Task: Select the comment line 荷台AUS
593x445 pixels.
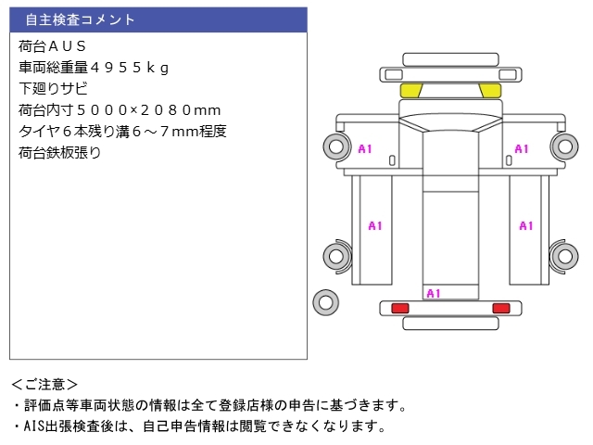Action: click(x=53, y=45)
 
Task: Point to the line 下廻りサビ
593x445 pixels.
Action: click(x=53, y=89)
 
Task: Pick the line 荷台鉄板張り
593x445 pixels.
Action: click(x=59, y=153)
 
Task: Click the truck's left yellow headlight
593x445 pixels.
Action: click(x=410, y=90)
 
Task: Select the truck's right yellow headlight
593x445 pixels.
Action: click(x=489, y=90)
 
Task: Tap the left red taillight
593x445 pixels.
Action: click(x=400, y=308)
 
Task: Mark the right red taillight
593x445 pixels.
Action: click(x=500, y=308)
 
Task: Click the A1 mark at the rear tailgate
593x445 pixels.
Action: click(x=433, y=293)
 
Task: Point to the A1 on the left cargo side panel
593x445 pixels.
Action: click(x=375, y=225)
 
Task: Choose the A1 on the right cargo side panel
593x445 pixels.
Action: click(x=526, y=225)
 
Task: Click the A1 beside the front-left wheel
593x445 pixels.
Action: click(x=365, y=148)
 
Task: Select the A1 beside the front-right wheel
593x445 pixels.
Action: click(x=521, y=148)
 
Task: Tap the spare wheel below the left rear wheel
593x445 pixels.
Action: click(x=324, y=301)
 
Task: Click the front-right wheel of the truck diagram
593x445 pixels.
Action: click(x=563, y=146)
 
